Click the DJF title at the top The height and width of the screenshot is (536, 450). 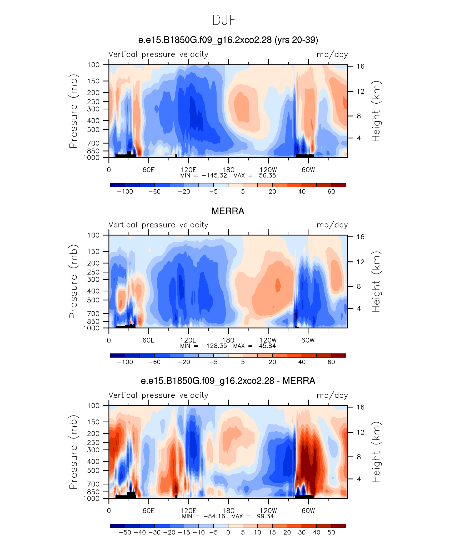tap(224, 20)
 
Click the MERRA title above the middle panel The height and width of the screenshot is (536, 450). tap(228, 211)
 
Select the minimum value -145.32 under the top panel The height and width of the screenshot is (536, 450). tap(214, 175)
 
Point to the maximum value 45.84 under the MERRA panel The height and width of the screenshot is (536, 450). tap(267, 346)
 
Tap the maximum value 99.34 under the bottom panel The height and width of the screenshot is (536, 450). tap(266, 516)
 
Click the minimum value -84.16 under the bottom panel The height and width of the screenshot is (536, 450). tap(214, 516)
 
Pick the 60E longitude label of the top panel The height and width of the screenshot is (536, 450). tap(149, 170)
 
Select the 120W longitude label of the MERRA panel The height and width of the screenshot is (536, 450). tap(268, 340)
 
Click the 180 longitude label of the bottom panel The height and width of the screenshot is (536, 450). tap(228, 511)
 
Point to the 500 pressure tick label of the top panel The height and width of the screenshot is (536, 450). tap(93, 130)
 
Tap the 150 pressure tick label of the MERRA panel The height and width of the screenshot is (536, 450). tap(93, 251)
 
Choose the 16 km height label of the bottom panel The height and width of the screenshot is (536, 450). tap(361, 407)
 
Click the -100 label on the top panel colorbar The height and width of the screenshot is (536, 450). tap(125, 191)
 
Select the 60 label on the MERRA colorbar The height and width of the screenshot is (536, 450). tap(331, 362)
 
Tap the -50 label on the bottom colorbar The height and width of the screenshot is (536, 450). tap(125, 532)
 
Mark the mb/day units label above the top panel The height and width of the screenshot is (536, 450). tap(332, 54)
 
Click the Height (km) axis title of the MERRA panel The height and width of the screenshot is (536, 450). tap(376, 282)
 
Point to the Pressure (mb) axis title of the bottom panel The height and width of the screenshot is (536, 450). tap(73, 452)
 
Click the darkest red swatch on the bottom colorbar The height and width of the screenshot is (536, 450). tap(339, 526)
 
